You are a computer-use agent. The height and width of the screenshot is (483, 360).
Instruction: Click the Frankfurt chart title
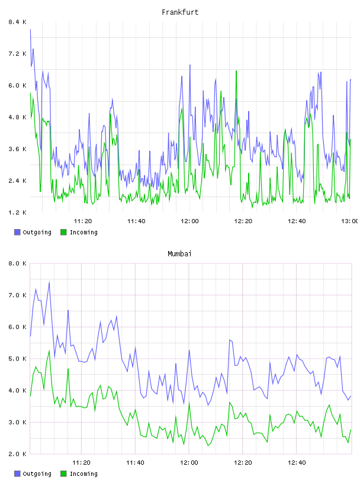pyautogui.click(x=180, y=12)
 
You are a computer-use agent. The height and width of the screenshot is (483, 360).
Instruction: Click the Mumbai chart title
pyautogui.click(x=179, y=254)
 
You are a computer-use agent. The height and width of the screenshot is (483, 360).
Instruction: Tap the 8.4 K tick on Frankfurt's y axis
pyautogui.click(x=17, y=22)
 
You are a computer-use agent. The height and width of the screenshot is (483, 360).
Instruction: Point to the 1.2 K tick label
pyautogui.click(x=17, y=212)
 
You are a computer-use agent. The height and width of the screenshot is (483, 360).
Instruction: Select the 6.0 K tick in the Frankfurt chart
pyautogui.click(x=17, y=85)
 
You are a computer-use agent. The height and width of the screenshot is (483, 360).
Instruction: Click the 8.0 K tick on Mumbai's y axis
pyautogui.click(x=17, y=263)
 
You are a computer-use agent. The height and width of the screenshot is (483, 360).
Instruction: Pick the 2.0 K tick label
pyautogui.click(x=17, y=454)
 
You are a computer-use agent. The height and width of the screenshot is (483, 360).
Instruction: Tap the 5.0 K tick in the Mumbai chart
pyautogui.click(x=17, y=359)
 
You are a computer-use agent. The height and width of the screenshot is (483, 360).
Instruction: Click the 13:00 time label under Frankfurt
pyautogui.click(x=350, y=221)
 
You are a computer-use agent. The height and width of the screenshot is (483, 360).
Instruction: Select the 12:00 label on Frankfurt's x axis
pyautogui.click(x=189, y=221)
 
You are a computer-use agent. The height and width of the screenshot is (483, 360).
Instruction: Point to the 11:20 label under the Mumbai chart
pyautogui.click(x=81, y=463)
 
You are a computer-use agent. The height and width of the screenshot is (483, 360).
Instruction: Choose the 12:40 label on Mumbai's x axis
pyautogui.click(x=297, y=463)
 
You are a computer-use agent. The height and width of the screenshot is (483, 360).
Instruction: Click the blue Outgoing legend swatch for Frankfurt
pyautogui.click(x=17, y=232)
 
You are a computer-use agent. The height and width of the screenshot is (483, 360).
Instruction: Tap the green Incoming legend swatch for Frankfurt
pyautogui.click(x=63, y=232)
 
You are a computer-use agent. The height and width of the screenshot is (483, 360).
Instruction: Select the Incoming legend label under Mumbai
pyautogui.click(x=83, y=474)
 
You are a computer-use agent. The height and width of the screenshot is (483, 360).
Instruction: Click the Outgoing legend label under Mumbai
pyautogui.click(x=37, y=474)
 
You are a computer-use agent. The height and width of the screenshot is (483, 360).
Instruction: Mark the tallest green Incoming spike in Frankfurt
pyautogui.click(x=236, y=71)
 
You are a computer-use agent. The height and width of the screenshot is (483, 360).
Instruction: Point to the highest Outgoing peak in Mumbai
pyautogui.click(x=49, y=282)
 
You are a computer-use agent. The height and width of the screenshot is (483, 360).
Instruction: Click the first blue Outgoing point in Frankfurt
pyautogui.click(x=30, y=30)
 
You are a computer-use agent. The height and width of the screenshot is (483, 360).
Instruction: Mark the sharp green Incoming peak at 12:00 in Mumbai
pyautogui.click(x=189, y=403)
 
